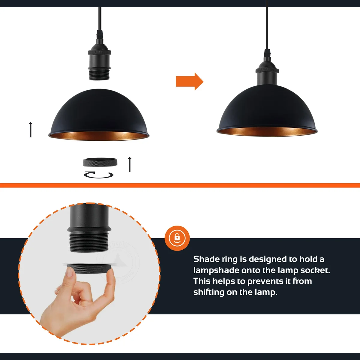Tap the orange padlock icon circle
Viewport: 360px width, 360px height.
pyautogui.click(x=177, y=238)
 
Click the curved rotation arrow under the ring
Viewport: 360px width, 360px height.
pyautogui.click(x=99, y=175)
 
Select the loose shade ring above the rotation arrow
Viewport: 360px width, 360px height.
pyautogui.click(x=100, y=162)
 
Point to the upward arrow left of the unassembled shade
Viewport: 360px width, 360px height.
pyautogui.click(x=30, y=130)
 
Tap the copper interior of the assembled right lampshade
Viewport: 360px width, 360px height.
pyautogui.click(x=267, y=131)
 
